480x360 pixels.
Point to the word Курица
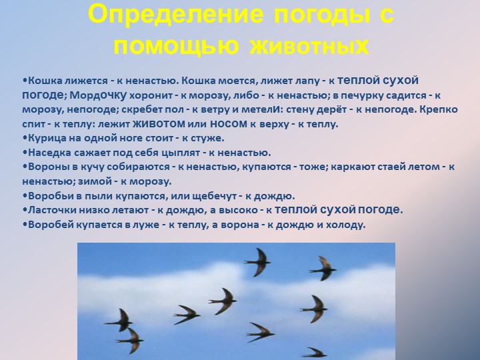click(43, 138)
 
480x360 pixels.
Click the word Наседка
click(47, 152)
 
